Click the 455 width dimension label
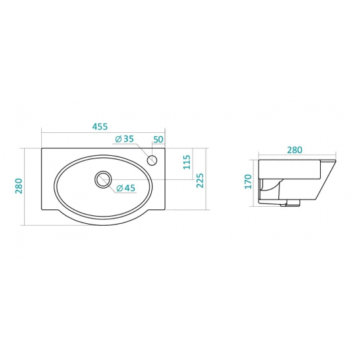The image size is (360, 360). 100,126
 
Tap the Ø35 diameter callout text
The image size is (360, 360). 124,139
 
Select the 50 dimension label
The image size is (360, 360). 158,139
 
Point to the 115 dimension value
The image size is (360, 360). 187,162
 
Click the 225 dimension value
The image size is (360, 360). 200,181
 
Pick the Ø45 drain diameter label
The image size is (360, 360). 126,189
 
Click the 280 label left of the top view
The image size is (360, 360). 19,186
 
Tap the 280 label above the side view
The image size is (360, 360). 295,150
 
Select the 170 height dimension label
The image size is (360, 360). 248,181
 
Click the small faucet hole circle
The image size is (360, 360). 152,160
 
